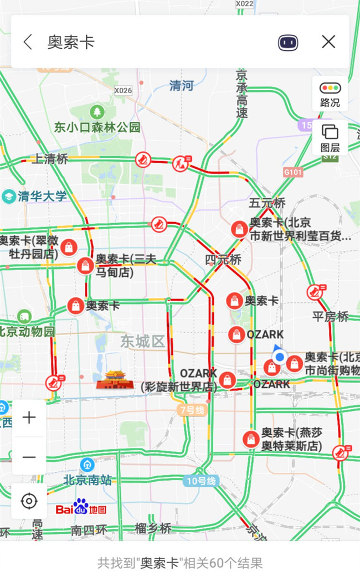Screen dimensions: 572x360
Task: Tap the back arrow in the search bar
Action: [28, 42]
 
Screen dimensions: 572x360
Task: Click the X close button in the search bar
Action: [328, 42]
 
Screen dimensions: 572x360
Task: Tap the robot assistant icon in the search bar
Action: [288, 42]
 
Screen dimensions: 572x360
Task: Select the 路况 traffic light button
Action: [330, 93]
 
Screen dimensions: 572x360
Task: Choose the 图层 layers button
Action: [330, 137]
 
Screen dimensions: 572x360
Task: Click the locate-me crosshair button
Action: [28, 501]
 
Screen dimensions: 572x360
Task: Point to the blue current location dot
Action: [280, 357]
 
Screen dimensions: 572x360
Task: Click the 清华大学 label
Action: [42, 196]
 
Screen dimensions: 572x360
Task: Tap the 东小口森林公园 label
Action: [97, 127]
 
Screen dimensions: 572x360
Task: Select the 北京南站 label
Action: [87, 480]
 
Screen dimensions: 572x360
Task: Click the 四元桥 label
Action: [223, 259]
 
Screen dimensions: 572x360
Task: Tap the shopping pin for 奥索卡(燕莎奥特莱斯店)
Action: [251, 439]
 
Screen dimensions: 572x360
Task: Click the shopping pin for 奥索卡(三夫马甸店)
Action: [85, 265]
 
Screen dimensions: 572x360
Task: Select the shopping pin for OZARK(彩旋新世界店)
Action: [227, 379]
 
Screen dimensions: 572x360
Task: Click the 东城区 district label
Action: [143, 341]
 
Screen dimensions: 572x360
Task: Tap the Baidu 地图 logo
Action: [81, 508]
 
